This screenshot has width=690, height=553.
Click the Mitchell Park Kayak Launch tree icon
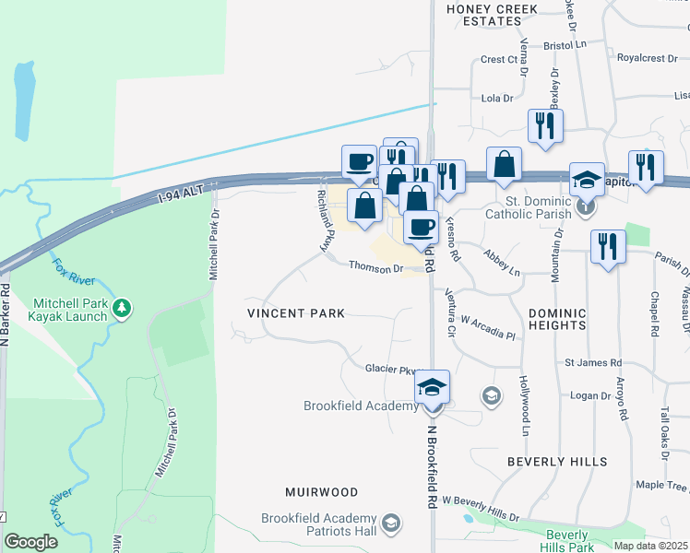(x=121, y=306)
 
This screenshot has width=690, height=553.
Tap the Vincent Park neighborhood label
(x=296, y=313)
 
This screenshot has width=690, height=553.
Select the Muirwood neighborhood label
(x=321, y=492)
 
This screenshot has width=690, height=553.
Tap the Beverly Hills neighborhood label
(x=557, y=461)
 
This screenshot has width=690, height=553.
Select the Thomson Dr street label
(x=375, y=268)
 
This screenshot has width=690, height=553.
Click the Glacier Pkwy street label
(x=393, y=369)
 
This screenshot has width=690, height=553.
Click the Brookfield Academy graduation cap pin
(x=431, y=388)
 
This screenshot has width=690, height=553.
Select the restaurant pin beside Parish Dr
(x=608, y=247)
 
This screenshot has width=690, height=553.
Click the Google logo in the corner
(x=30, y=542)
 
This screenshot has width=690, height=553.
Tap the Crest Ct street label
(x=499, y=60)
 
